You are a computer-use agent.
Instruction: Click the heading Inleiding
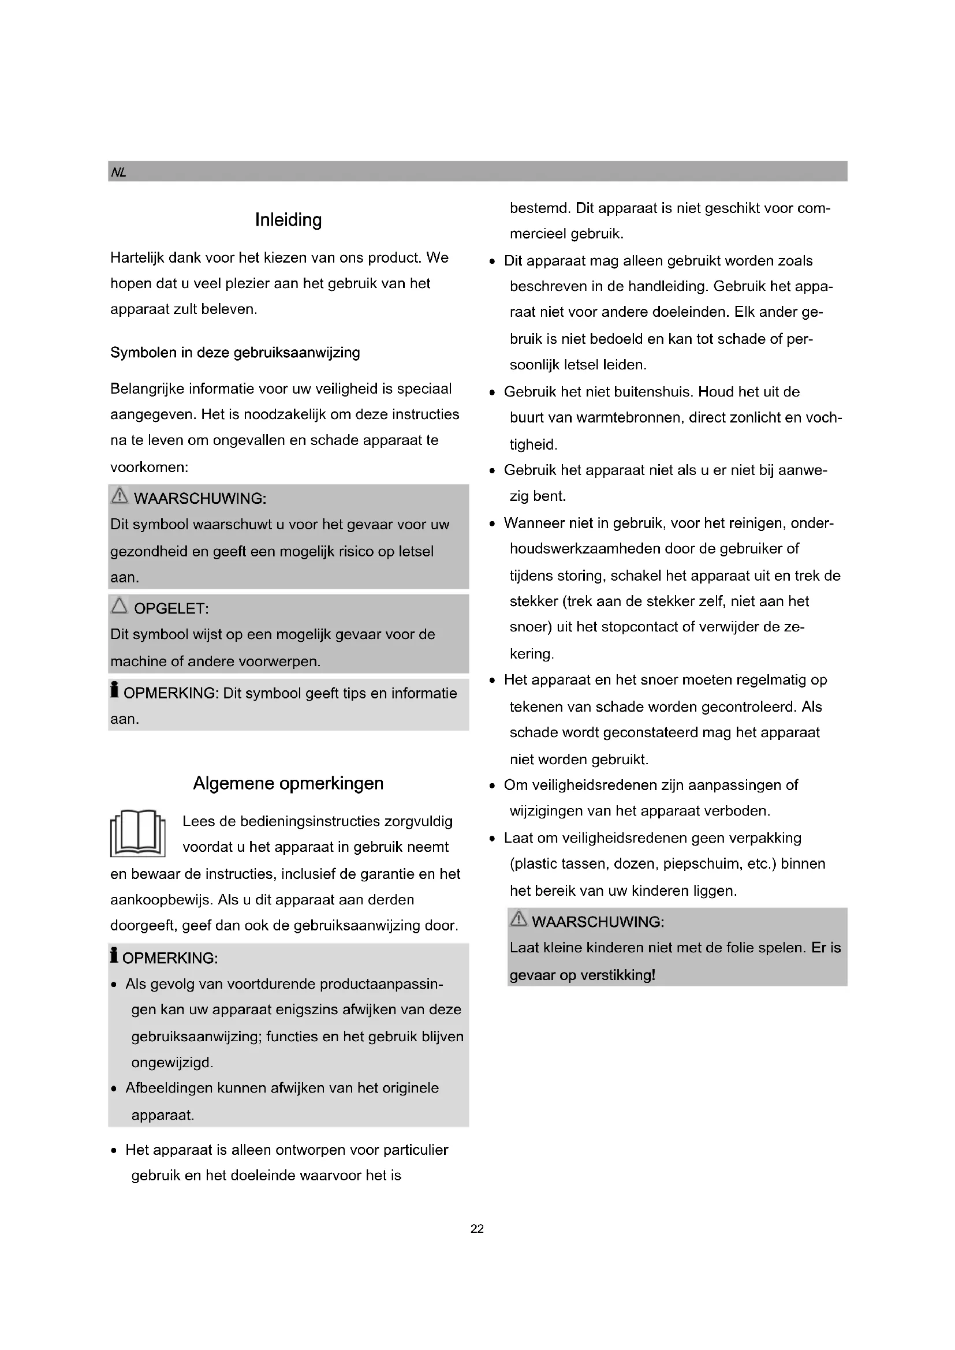click(288, 220)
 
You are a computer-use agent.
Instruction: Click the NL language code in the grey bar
click(118, 172)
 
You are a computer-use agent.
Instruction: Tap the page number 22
click(477, 1228)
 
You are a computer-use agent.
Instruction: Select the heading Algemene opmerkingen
click(288, 783)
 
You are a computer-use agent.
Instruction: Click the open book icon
click(137, 833)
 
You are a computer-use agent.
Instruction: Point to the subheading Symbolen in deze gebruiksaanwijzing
click(235, 353)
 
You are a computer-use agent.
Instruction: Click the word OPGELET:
click(171, 608)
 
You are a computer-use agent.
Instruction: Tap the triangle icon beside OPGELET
click(120, 605)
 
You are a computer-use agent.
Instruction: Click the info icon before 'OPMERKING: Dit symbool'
click(115, 690)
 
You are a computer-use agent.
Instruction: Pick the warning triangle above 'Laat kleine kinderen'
click(518, 918)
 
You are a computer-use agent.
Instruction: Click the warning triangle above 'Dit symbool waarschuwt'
click(120, 496)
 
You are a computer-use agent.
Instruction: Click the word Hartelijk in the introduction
click(137, 258)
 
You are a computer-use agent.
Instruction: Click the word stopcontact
click(627, 627)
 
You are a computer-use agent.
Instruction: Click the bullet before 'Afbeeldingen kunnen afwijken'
click(114, 1089)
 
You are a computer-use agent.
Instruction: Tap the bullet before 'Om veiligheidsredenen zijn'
click(491, 786)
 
